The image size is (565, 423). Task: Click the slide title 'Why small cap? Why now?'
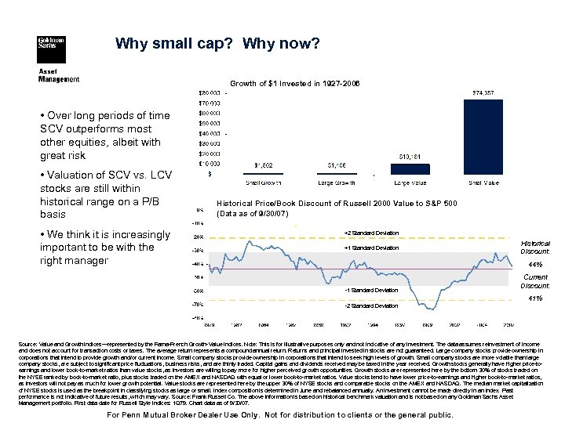pyautogui.click(x=217, y=45)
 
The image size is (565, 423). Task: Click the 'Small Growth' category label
pyautogui.click(x=264, y=183)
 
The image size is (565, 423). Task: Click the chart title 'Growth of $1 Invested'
pyautogui.click(x=294, y=83)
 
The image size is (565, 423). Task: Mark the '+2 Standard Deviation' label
pyautogui.click(x=371, y=233)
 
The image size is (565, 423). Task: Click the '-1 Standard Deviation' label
pyautogui.click(x=371, y=291)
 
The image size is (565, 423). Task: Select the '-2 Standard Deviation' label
pyautogui.click(x=371, y=305)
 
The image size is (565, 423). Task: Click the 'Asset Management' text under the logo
pyautogui.click(x=59, y=75)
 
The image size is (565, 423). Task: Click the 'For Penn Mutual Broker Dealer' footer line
pyautogui.click(x=282, y=414)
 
